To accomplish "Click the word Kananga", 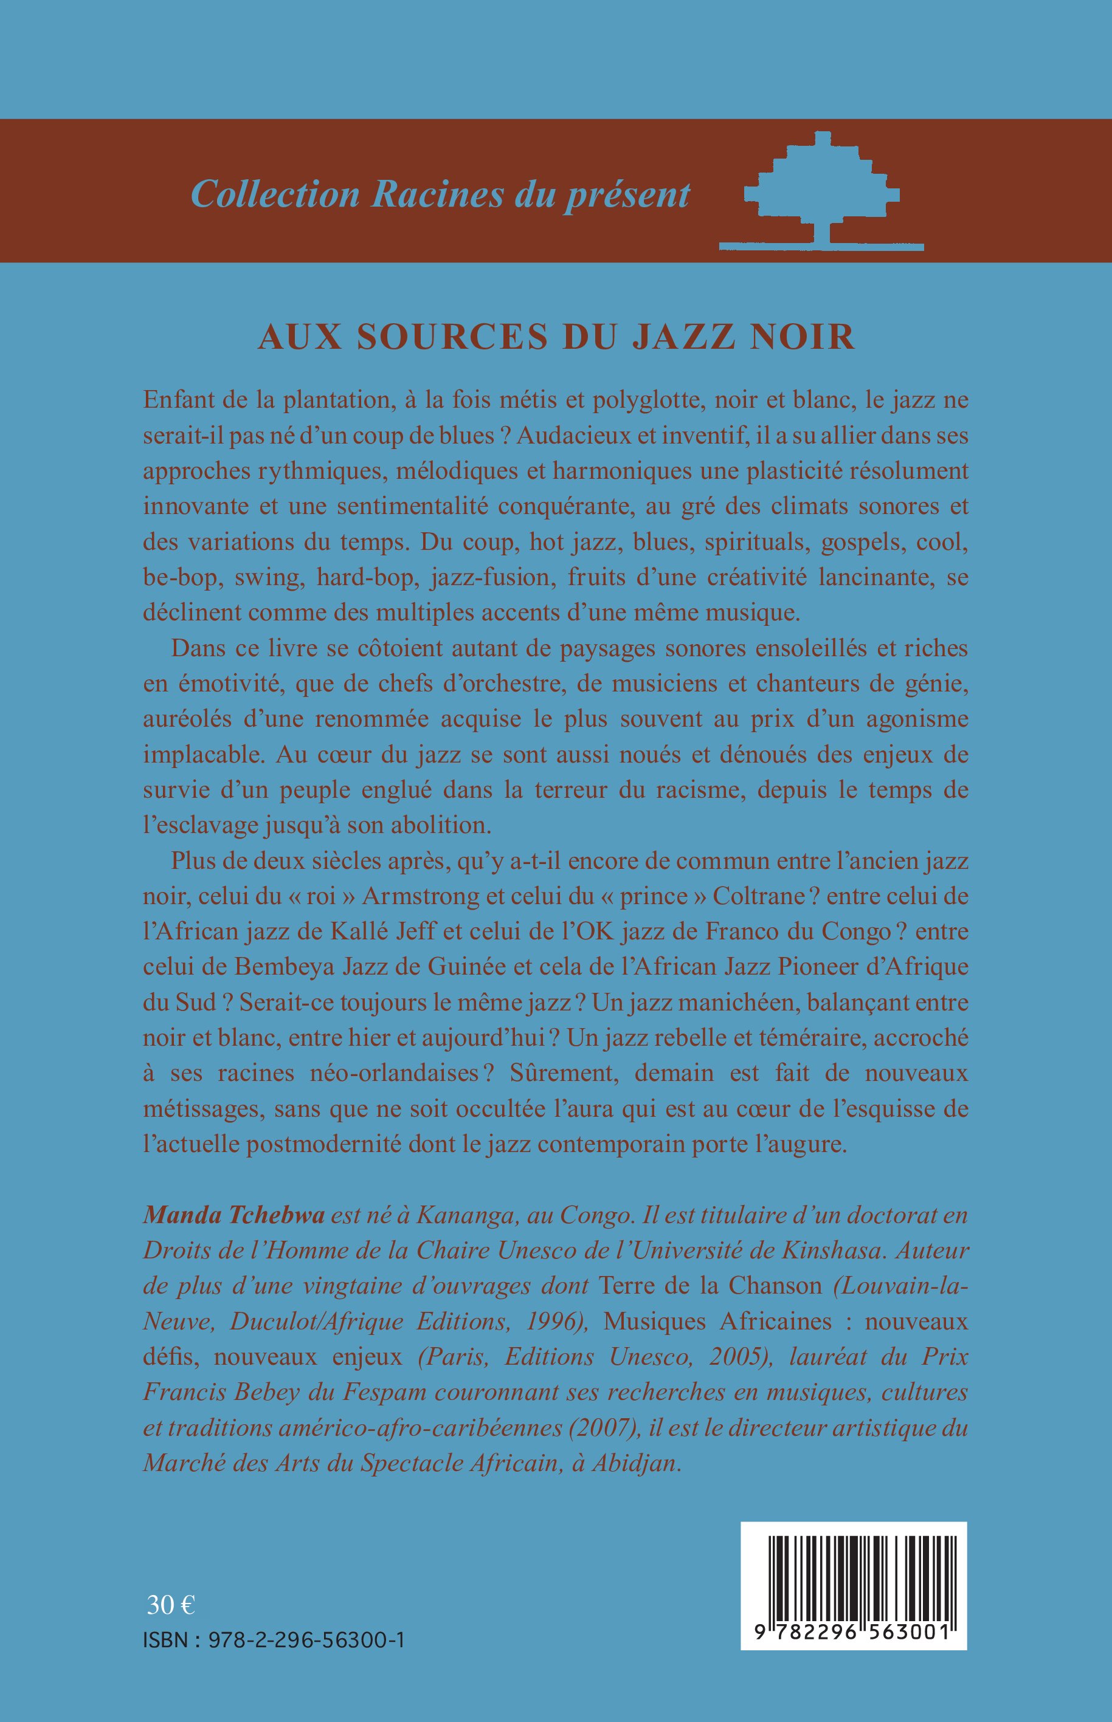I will [x=458, y=1215].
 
